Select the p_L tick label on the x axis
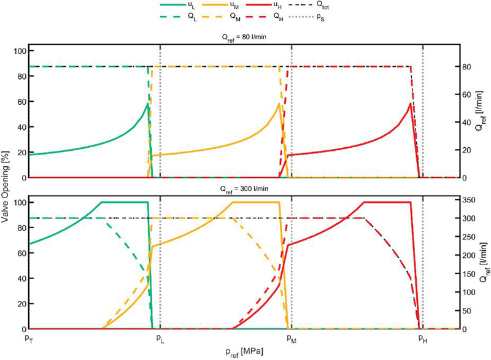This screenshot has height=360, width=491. tap(160, 337)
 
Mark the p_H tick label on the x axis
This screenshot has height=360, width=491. tap(422, 337)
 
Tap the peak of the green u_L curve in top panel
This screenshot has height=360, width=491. tap(147, 104)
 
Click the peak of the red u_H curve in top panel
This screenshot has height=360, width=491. tap(410, 104)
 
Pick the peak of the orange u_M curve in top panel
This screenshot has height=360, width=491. tap(279, 104)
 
